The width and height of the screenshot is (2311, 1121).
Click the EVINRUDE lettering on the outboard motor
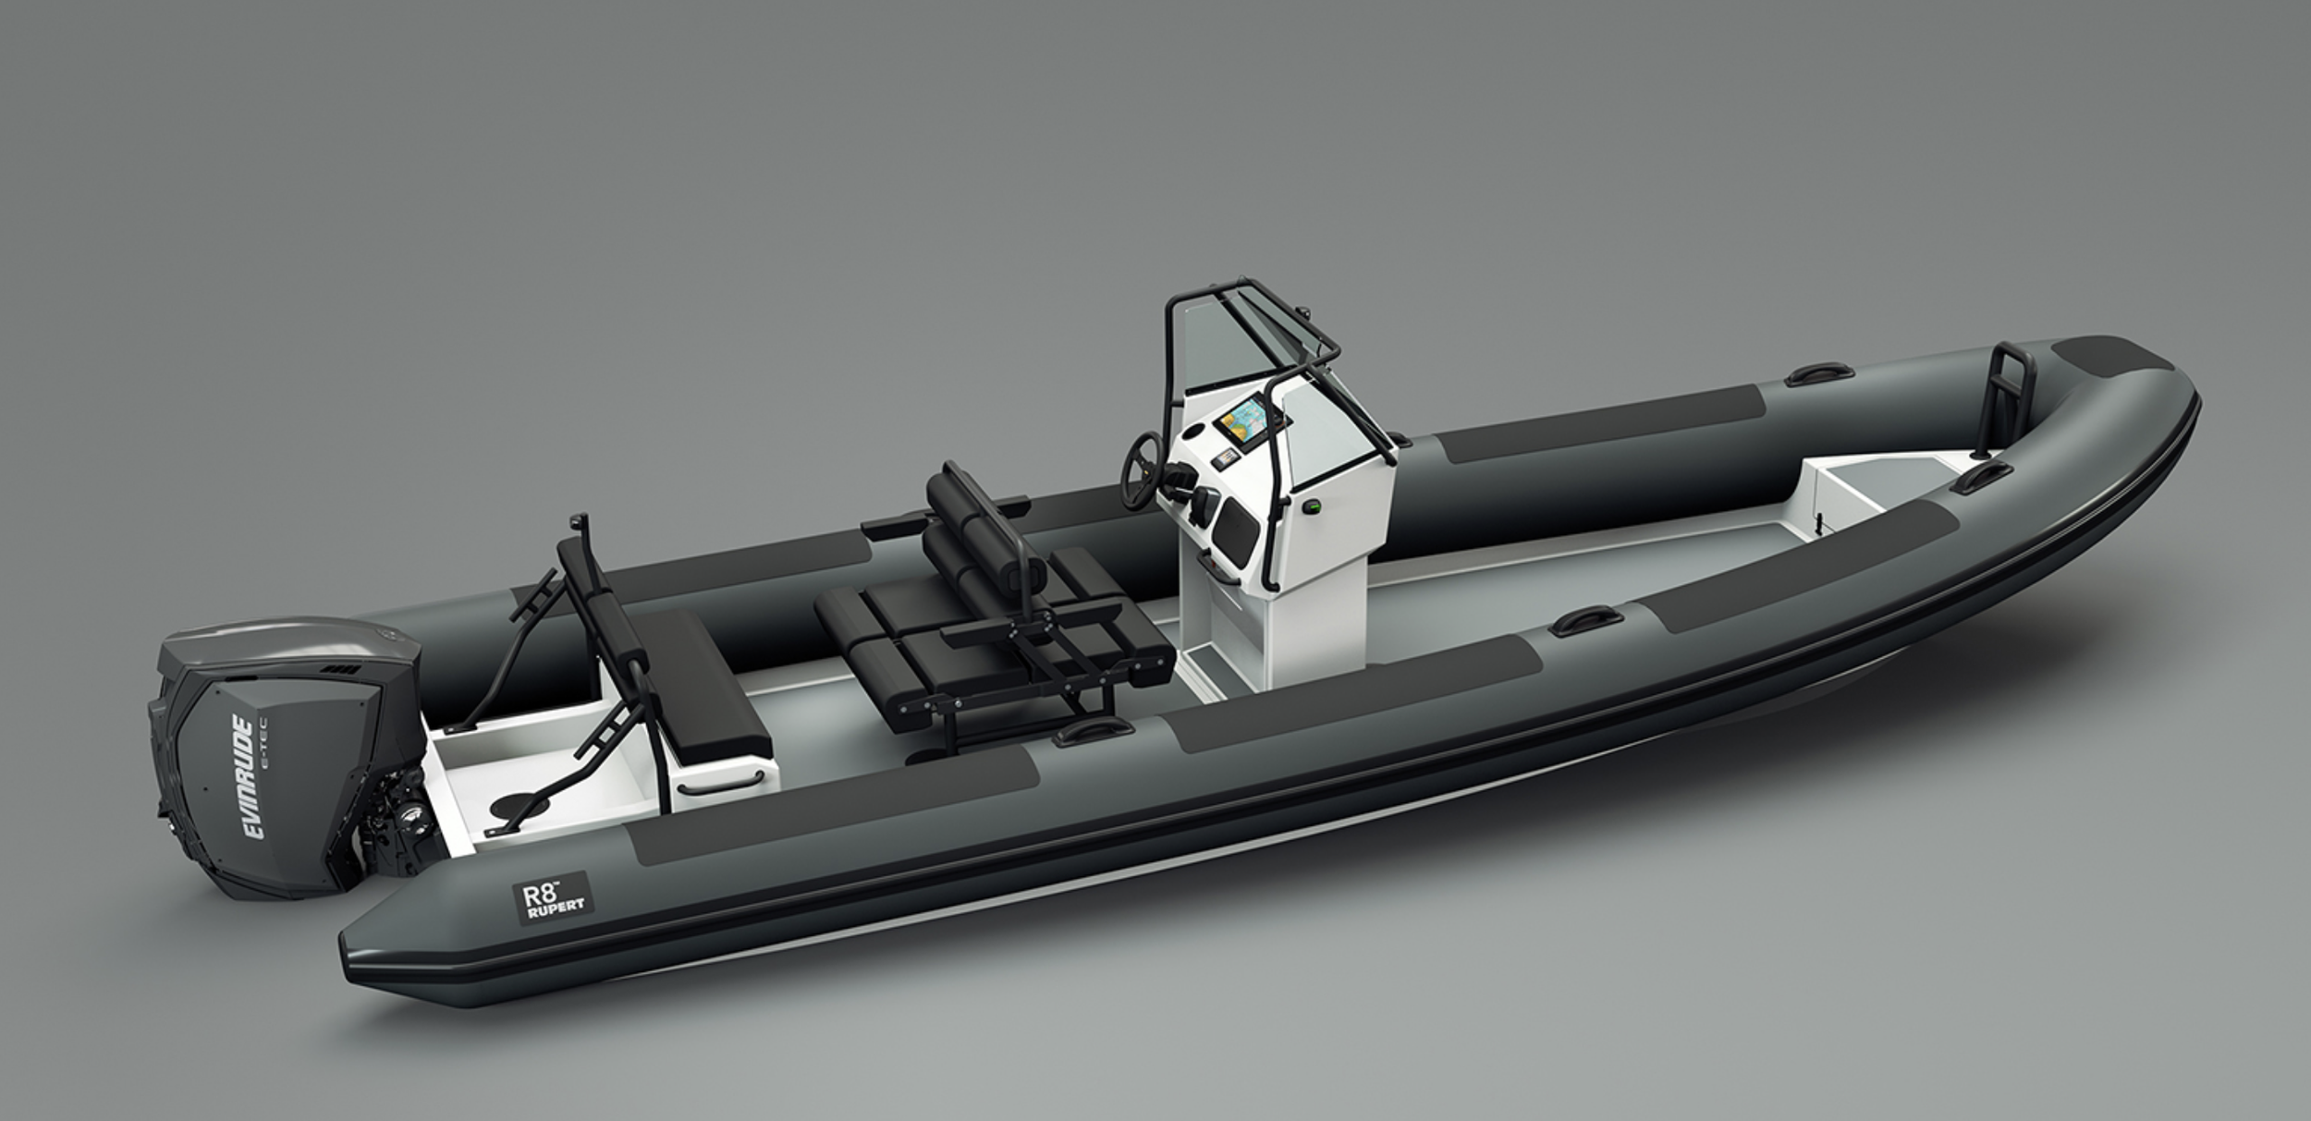[255, 777]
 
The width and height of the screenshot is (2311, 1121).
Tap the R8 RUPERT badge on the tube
[553, 897]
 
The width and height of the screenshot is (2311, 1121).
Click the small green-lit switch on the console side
[1310, 506]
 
